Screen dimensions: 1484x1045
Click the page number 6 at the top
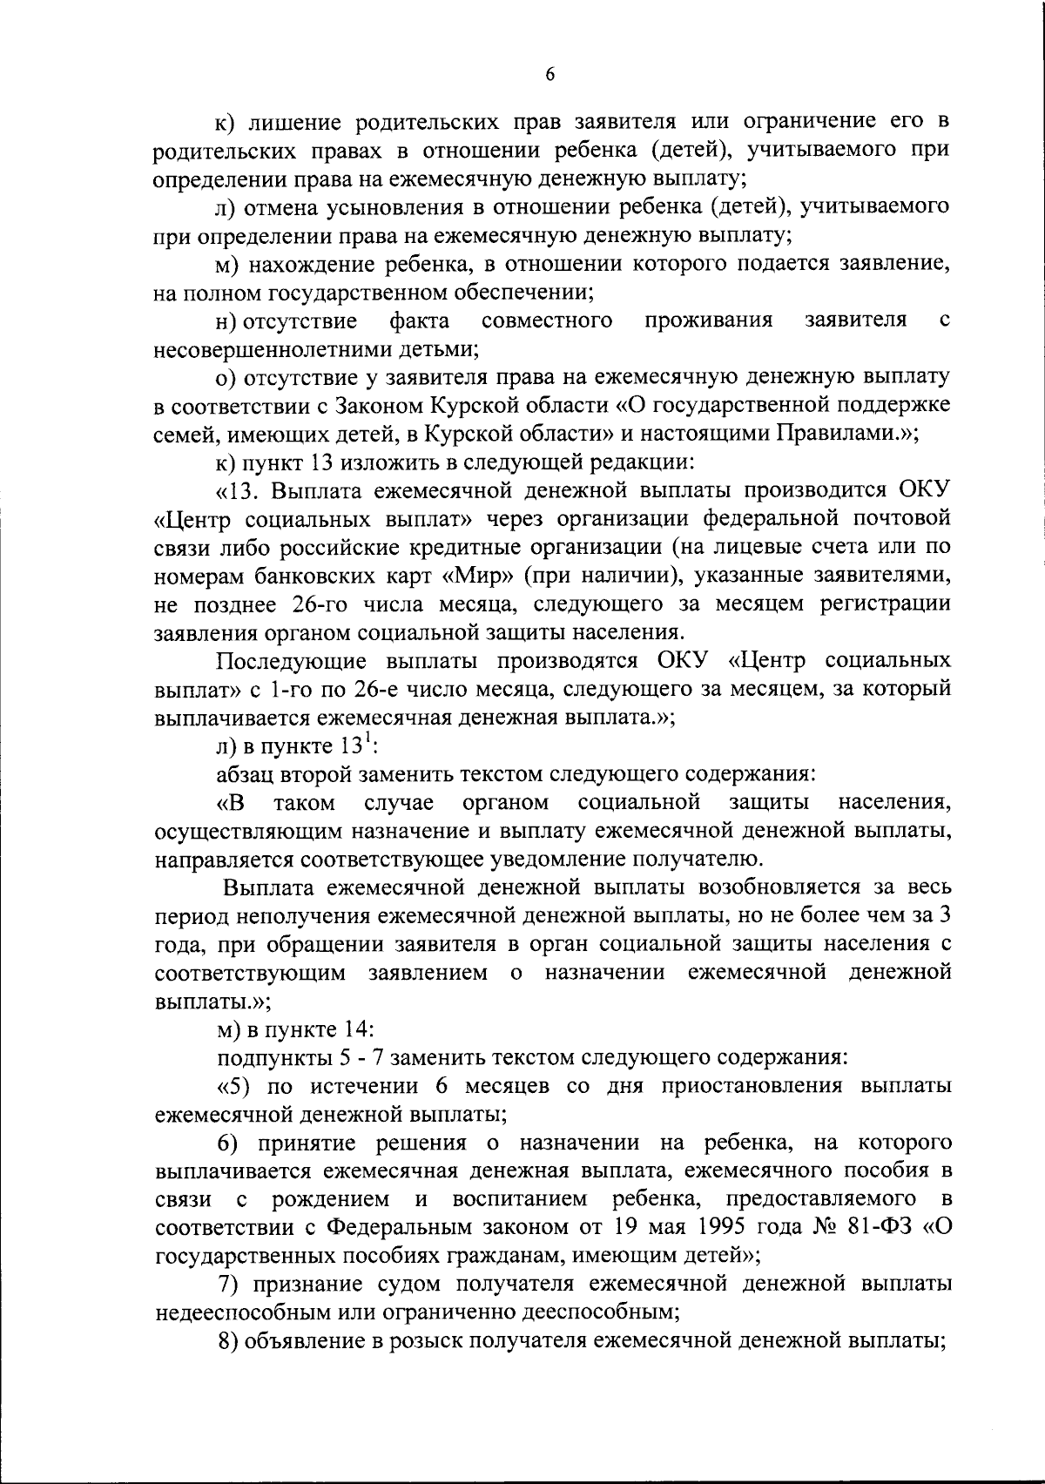[x=549, y=75]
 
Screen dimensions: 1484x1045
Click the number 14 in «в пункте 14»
[x=357, y=1029]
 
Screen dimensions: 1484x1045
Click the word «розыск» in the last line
[x=419, y=1340]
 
